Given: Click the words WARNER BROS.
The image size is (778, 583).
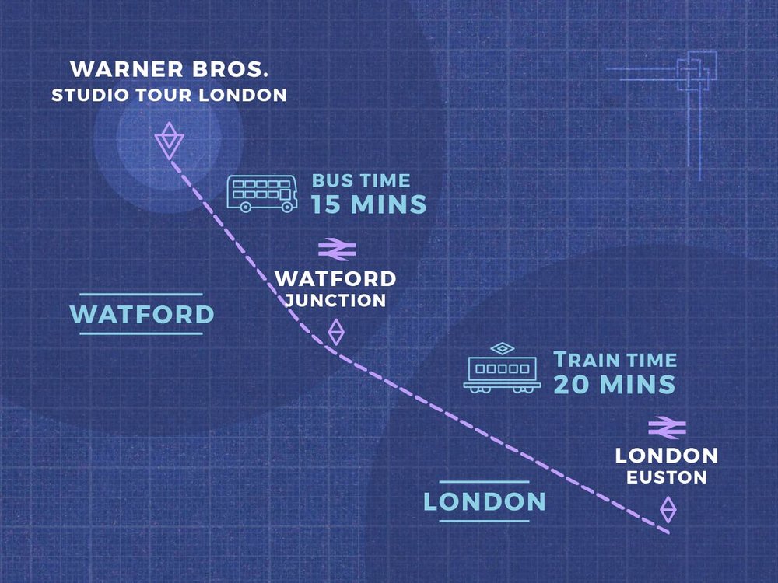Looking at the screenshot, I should click(x=170, y=69).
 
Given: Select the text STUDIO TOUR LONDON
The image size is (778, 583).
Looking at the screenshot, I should click(x=169, y=96).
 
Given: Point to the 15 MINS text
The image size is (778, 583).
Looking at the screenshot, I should click(x=369, y=205).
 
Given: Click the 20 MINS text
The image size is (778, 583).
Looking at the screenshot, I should click(x=613, y=384).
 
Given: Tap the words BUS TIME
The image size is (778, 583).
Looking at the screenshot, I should click(x=361, y=180).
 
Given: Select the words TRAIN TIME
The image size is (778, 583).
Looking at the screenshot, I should click(x=615, y=360).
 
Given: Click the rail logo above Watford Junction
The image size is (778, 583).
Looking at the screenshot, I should click(x=337, y=249).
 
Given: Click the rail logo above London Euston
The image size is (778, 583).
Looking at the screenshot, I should click(x=667, y=426).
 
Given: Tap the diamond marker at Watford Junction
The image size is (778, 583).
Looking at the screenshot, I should click(x=335, y=332).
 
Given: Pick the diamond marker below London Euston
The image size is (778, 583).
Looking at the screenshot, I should click(x=668, y=510).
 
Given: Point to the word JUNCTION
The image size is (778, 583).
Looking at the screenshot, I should click(x=335, y=300).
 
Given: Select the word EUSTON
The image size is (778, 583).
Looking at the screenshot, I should click(x=667, y=477).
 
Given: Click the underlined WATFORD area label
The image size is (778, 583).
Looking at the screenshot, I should click(x=142, y=314).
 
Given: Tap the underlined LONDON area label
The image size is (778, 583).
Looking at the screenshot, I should click(x=484, y=501).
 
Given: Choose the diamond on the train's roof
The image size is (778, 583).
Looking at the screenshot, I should click(x=503, y=347).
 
